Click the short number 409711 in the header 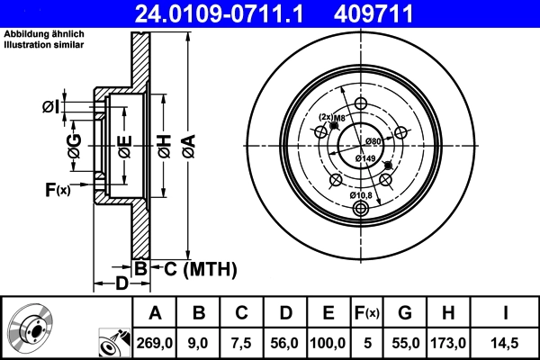click(398, 13)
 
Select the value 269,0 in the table click(155, 343)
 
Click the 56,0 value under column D click(284, 343)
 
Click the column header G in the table click(405, 313)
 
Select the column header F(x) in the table click(366, 313)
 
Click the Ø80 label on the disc click(374, 142)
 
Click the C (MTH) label click(199, 267)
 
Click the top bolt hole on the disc click(362, 105)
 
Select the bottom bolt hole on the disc click(362, 209)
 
